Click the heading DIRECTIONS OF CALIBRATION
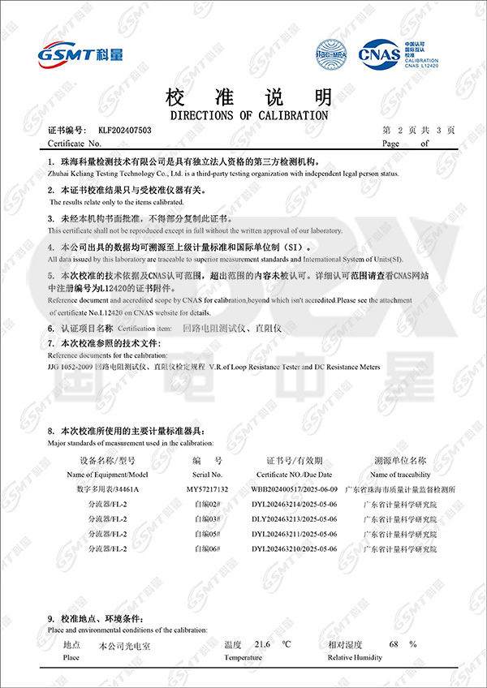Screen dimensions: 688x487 coord(249,115)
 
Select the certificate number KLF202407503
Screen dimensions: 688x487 coord(125,130)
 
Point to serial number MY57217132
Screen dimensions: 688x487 coord(207,489)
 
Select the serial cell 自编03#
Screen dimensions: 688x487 coord(207,519)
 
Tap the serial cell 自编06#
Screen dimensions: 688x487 coord(207,549)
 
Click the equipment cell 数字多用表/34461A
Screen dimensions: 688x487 coord(108,489)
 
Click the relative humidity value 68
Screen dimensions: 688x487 coord(394,644)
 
